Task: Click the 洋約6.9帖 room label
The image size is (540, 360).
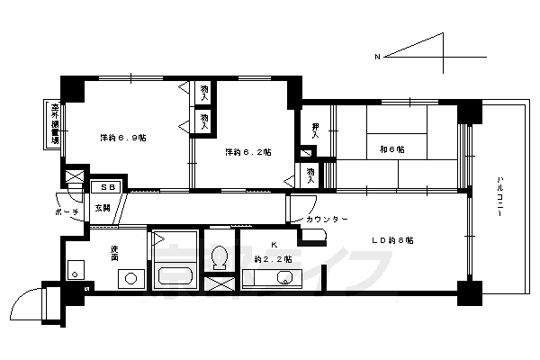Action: (x=123, y=138)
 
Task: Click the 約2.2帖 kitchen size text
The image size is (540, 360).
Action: (x=270, y=259)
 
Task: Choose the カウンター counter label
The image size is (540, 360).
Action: (x=325, y=220)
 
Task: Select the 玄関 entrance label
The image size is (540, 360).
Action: (x=103, y=208)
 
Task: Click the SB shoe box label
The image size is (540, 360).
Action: (x=107, y=187)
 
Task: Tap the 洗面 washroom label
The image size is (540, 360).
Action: (x=115, y=253)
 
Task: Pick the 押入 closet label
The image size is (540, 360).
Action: (x=316, y=130)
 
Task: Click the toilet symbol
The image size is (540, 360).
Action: (x=219, y=258)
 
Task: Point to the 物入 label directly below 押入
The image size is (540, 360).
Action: (x=310, y=174)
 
